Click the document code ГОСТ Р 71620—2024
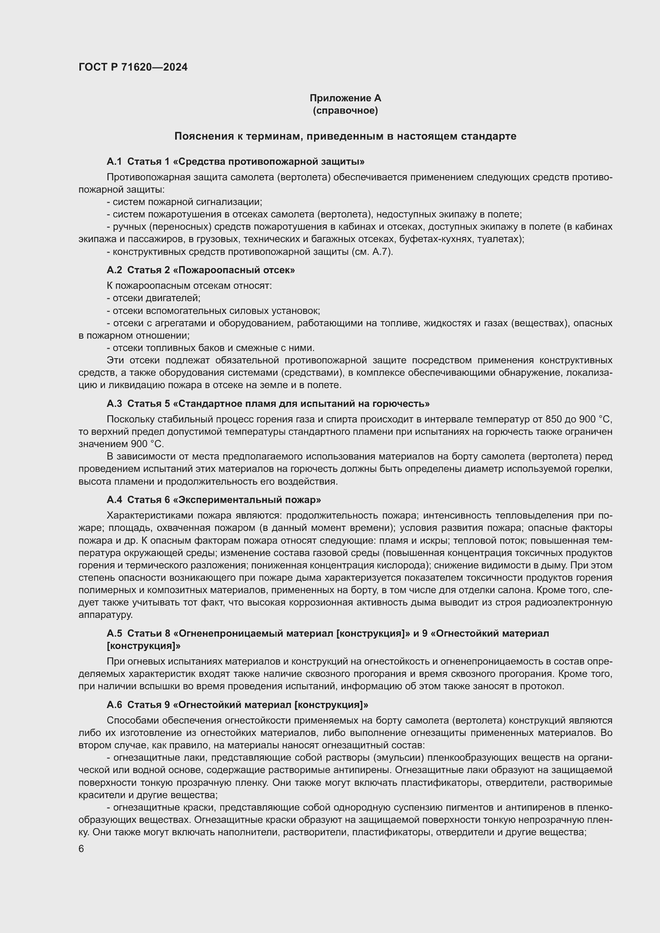pyautogui.click(x=133, y=67)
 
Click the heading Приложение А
pyautogui.click(x=345, y=98)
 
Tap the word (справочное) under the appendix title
pyautogui.click(x=345, y=110)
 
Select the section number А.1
pyautogui.click(x=114, y=162)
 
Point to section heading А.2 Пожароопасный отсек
pyautogui.click(x=201, y=270)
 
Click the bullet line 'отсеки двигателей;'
pyautogui.click(x=154, y=298)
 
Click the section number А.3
pyautogui.click(x=114, y=404)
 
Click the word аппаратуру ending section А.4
pyautogui.click(x=106, y=615)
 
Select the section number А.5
pyautogui.click(x=114, y=633)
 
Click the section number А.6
pyautogui.click(x=114, y=705)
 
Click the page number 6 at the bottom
pyautogui.click(x=81, y=849)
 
